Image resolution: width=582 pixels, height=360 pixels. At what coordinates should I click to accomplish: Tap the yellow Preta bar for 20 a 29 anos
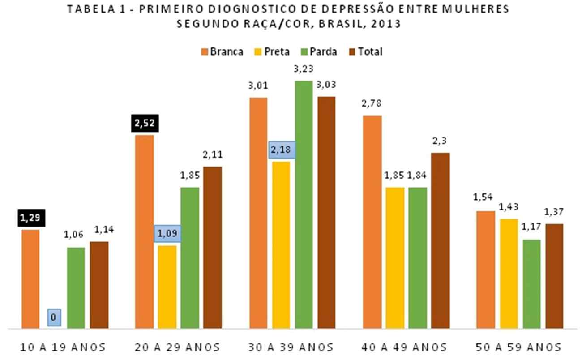tap(167, 287)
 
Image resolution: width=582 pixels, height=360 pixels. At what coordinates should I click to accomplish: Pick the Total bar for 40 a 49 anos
tap(440, 240)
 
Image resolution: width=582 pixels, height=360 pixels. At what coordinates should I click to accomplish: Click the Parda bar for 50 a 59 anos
tap(531, 284)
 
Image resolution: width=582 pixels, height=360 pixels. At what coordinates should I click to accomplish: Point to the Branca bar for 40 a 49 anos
tap(372, 222)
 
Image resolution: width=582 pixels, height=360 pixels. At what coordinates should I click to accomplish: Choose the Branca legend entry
tap(222, 51)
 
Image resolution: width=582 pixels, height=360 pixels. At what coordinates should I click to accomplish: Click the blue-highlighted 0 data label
tap(54, 317)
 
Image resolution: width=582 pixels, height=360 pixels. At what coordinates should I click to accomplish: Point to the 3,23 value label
tap(304, 69)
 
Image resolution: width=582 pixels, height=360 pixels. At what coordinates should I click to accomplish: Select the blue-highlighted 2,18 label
tap(281, 150)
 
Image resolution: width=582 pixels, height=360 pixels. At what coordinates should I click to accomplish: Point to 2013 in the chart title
tap(384, 25)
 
